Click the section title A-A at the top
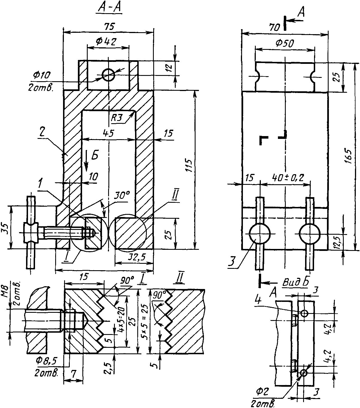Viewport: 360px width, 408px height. pyautogui.click(x=109, y=8)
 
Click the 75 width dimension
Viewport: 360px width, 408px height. pyautogui.click(x=109, y=27)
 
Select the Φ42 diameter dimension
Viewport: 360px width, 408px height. pyautogui.click(x=106, y=42)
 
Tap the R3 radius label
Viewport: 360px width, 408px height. pyautogui.click(x=117, y=118)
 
